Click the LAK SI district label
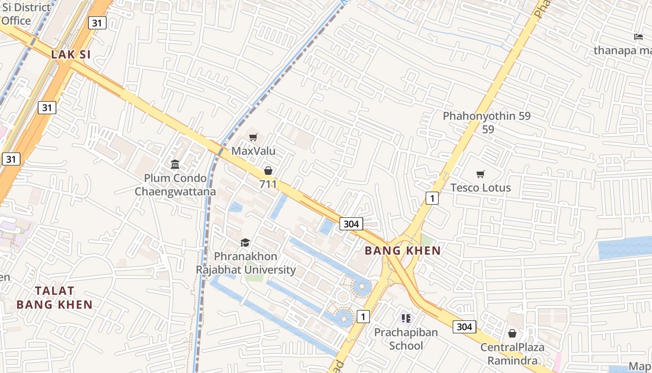(71, 54)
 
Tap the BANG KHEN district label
(402, 250)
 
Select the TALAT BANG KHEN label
(54, 297)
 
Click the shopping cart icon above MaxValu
(253, 137)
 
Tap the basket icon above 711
(268, 171)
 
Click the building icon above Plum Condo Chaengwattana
(175, 164)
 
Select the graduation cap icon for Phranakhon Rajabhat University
(245, 242)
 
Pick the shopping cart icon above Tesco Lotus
(480, 174)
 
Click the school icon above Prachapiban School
(406, 318)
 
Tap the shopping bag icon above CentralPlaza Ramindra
(512, 333)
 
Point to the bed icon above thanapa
(638, 37)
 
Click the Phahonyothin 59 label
(487, 116)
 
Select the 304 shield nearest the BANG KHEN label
(351, 224)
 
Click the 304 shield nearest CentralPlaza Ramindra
(464, 327)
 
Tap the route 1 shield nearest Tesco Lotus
(432, 199)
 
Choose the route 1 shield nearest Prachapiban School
(363, 317)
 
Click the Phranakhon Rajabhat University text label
(245, 263)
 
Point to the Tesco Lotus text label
(480, 187)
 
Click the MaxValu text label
(253, 151)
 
